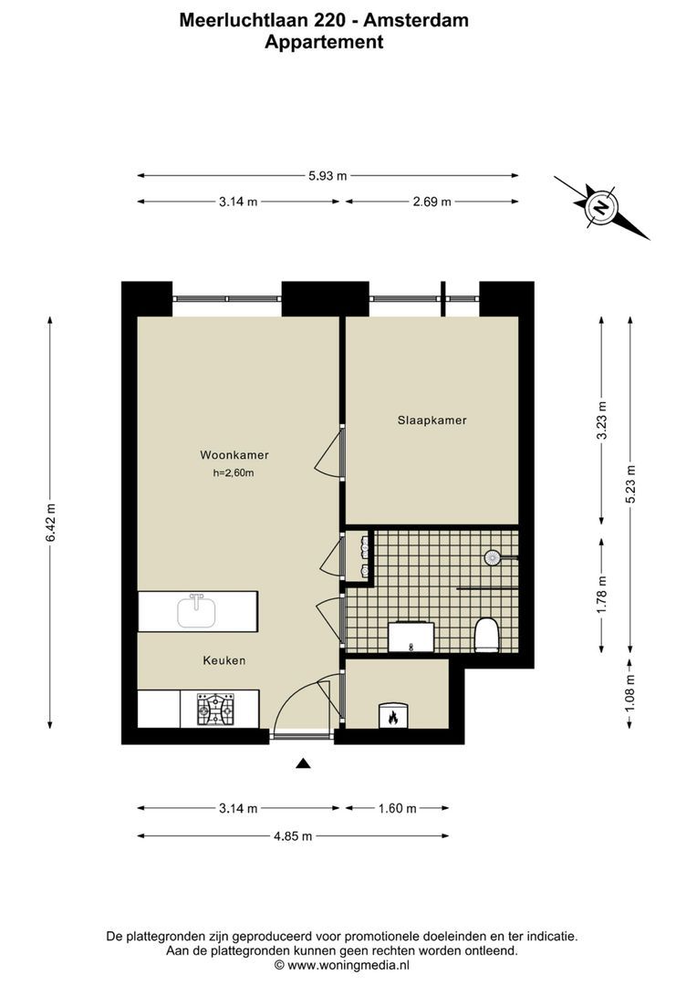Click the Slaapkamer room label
pos(432,420)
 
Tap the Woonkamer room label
pos(234,455)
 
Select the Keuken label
pos(224,660)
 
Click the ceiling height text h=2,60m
pos(234,473)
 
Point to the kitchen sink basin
pos(196,611)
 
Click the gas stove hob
pos(215,710)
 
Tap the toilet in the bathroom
pos(486,635)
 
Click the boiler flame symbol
pos(393,717)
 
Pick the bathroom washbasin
pos(411,637)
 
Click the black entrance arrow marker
pos(304,763)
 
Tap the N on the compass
pos(602,207)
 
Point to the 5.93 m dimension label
pos(328,176)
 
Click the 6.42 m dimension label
pos(50,523)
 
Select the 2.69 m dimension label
pos(432,202)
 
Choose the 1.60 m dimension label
pos(397,808)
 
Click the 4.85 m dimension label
pos(293,836)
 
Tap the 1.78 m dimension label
pos(601,595)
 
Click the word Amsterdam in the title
pos(416,20)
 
